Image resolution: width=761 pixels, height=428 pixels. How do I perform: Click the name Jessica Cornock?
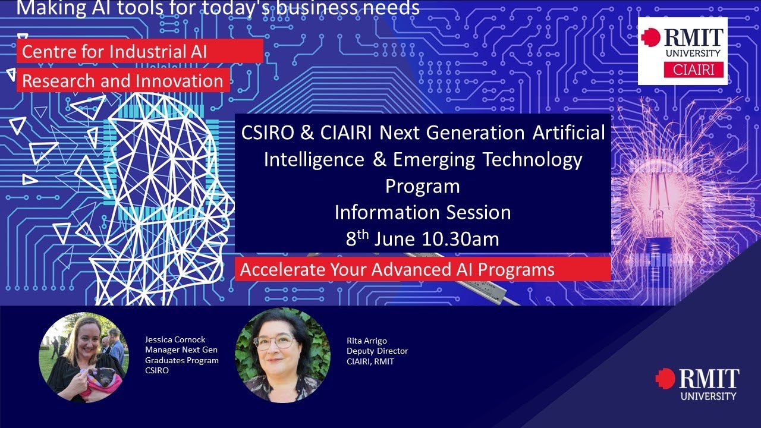(x=175, y=339)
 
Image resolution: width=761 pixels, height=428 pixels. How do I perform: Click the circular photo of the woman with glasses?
(x=282, y=355)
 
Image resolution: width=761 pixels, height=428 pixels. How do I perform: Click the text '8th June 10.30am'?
(x=422, y=239)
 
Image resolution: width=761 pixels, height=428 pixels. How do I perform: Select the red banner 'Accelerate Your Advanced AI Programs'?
(x=423, y=270)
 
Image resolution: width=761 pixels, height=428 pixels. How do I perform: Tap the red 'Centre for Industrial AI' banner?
(x=140, y=52)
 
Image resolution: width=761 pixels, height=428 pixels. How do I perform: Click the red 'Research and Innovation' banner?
(x=123, y=81)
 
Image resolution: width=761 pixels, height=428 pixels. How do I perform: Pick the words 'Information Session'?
(x=422, y=212)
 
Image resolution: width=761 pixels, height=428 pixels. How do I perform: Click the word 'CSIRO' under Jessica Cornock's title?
(x=157, y=370)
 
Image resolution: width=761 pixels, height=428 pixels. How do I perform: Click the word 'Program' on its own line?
(x=422, y=186)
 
